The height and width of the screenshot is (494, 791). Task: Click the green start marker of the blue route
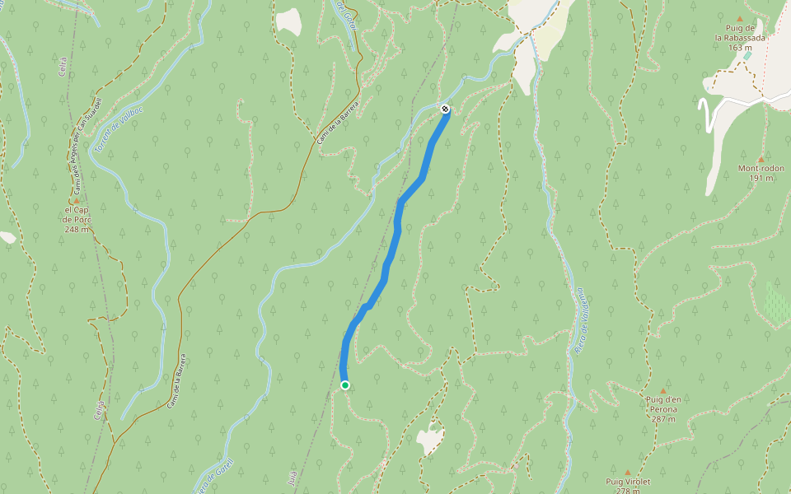point(344,385)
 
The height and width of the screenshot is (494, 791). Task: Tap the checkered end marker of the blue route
point(445,109)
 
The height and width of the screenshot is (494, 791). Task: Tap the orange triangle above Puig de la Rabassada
point(739,18)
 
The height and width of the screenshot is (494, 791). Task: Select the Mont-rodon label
point(761,168)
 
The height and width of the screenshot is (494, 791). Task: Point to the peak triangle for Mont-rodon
point(761,159)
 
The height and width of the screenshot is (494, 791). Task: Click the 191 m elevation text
point(761,178)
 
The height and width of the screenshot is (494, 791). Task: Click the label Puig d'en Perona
point(662,404)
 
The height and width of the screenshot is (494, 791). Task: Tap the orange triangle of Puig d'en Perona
point(662,390)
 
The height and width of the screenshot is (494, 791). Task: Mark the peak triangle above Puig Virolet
point(627,473)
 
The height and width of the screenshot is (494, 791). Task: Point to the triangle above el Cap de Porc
point(77,200)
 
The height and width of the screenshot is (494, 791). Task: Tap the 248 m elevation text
point(77,229)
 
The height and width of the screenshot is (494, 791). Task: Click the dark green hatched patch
point(776,302)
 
